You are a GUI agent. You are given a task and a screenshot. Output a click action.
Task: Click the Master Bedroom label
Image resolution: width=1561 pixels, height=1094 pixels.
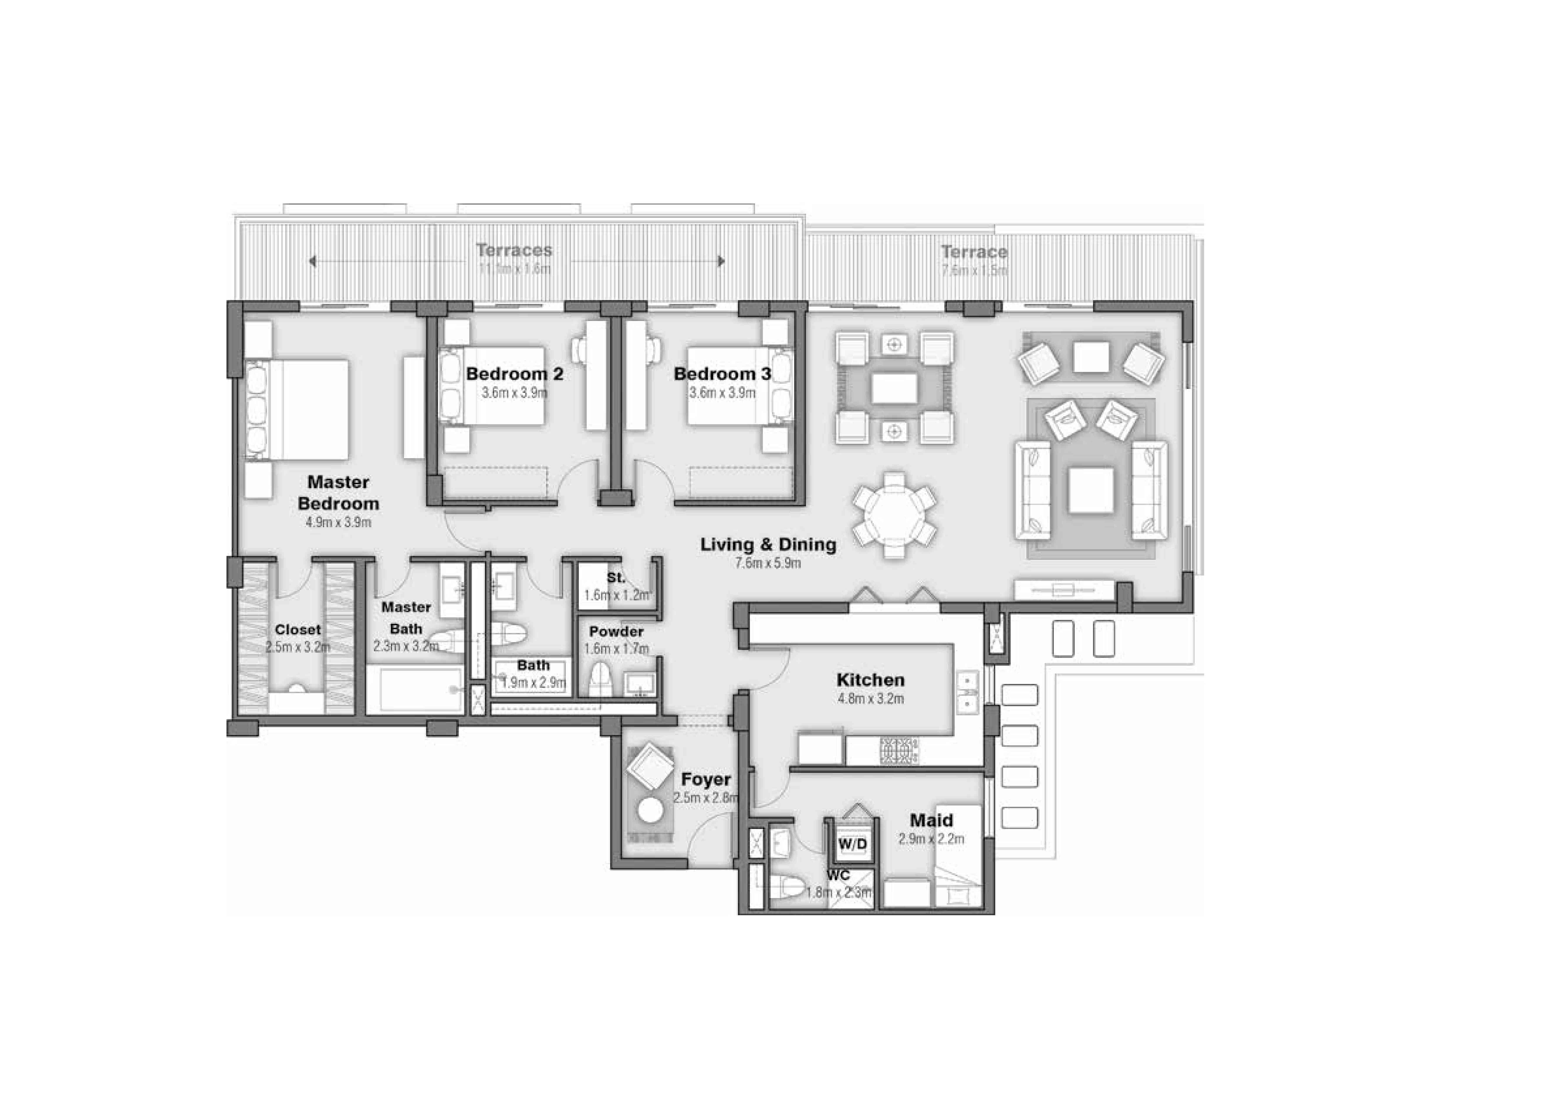338,493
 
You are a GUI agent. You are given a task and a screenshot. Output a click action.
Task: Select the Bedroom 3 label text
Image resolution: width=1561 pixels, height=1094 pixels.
722,374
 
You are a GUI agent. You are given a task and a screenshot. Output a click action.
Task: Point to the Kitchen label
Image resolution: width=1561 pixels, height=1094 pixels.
870,680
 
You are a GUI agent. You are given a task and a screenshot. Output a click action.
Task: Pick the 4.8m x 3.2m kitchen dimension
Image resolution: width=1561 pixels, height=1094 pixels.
870,698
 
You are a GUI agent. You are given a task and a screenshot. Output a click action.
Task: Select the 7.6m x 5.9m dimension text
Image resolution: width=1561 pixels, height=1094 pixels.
768,563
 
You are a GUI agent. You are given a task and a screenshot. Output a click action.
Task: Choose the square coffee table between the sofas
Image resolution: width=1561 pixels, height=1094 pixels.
1091,490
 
